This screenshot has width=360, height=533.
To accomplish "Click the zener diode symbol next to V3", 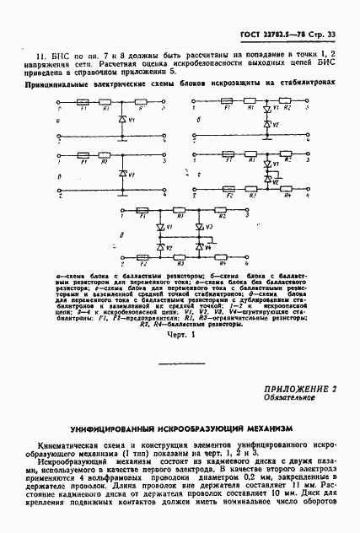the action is pos(199,228).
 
